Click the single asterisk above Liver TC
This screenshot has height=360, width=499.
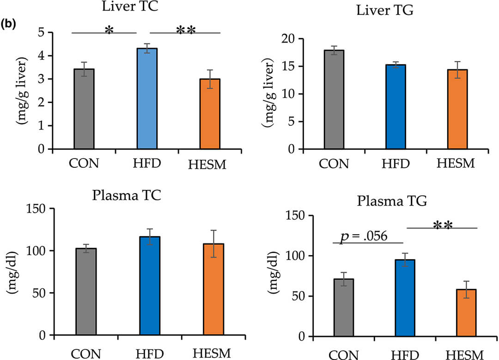click(109, 31)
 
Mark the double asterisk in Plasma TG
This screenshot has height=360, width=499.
click(443, 226)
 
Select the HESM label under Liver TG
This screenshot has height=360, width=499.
click(455, 164)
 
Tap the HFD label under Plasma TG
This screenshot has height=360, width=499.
click(405, 354)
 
